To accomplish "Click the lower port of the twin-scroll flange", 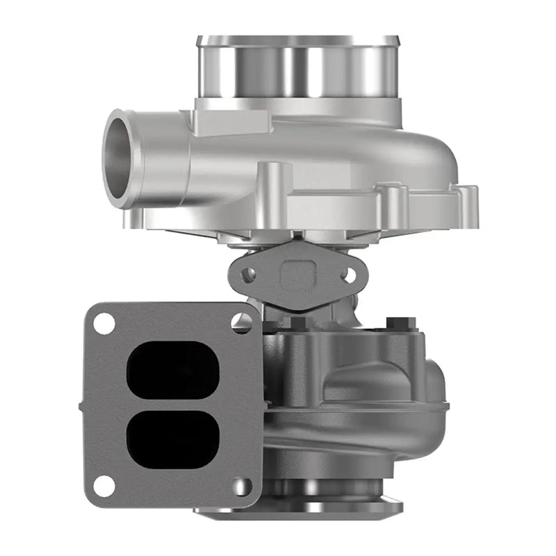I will click(x=173, y=439).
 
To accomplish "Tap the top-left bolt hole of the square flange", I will click(x=104, y=324).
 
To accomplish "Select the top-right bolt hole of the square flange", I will click(x=242, y=321).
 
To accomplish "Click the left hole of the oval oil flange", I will click(x=247, y=275).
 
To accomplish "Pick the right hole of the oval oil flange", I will click(x=349, y=275).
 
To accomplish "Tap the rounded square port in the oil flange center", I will click(x=297, y=277).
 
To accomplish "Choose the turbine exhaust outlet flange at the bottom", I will click(x=299, y=509).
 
